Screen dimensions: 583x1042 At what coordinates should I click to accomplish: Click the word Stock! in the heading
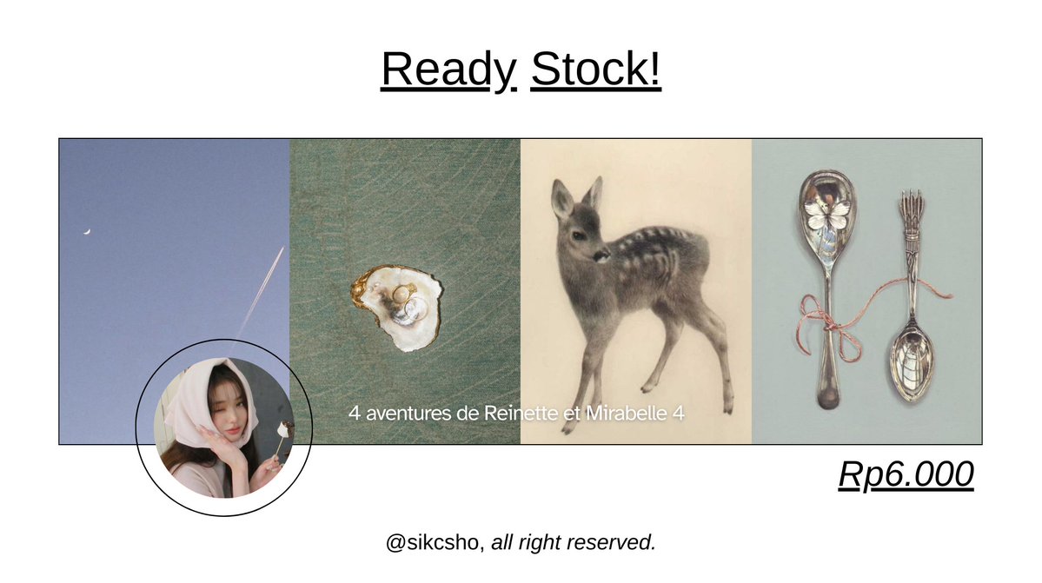tap(595, 70)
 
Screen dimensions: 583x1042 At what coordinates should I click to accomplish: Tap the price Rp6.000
tap(906, 474)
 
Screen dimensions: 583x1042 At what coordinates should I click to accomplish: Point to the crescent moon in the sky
tap(87, 231)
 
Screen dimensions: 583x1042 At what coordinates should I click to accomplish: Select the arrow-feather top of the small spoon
tap(909, 209)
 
